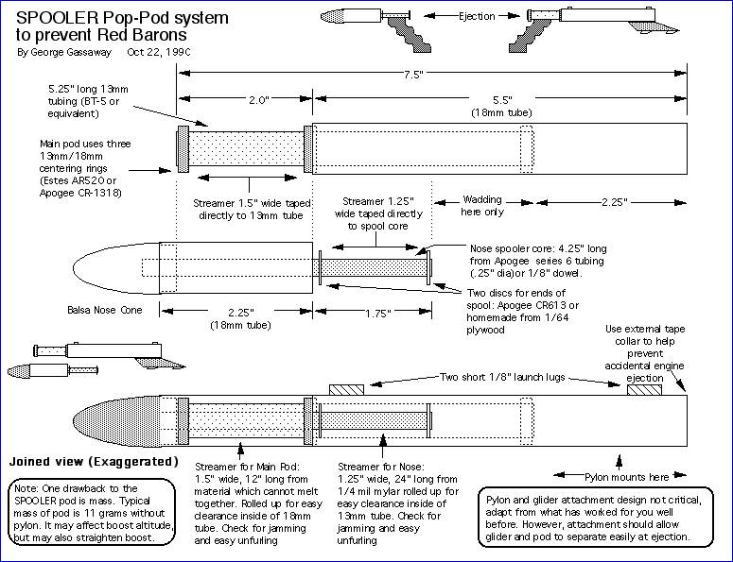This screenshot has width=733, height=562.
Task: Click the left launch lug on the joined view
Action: click(x=345, y=388)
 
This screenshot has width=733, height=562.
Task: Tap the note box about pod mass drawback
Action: click(x=93, y=512)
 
